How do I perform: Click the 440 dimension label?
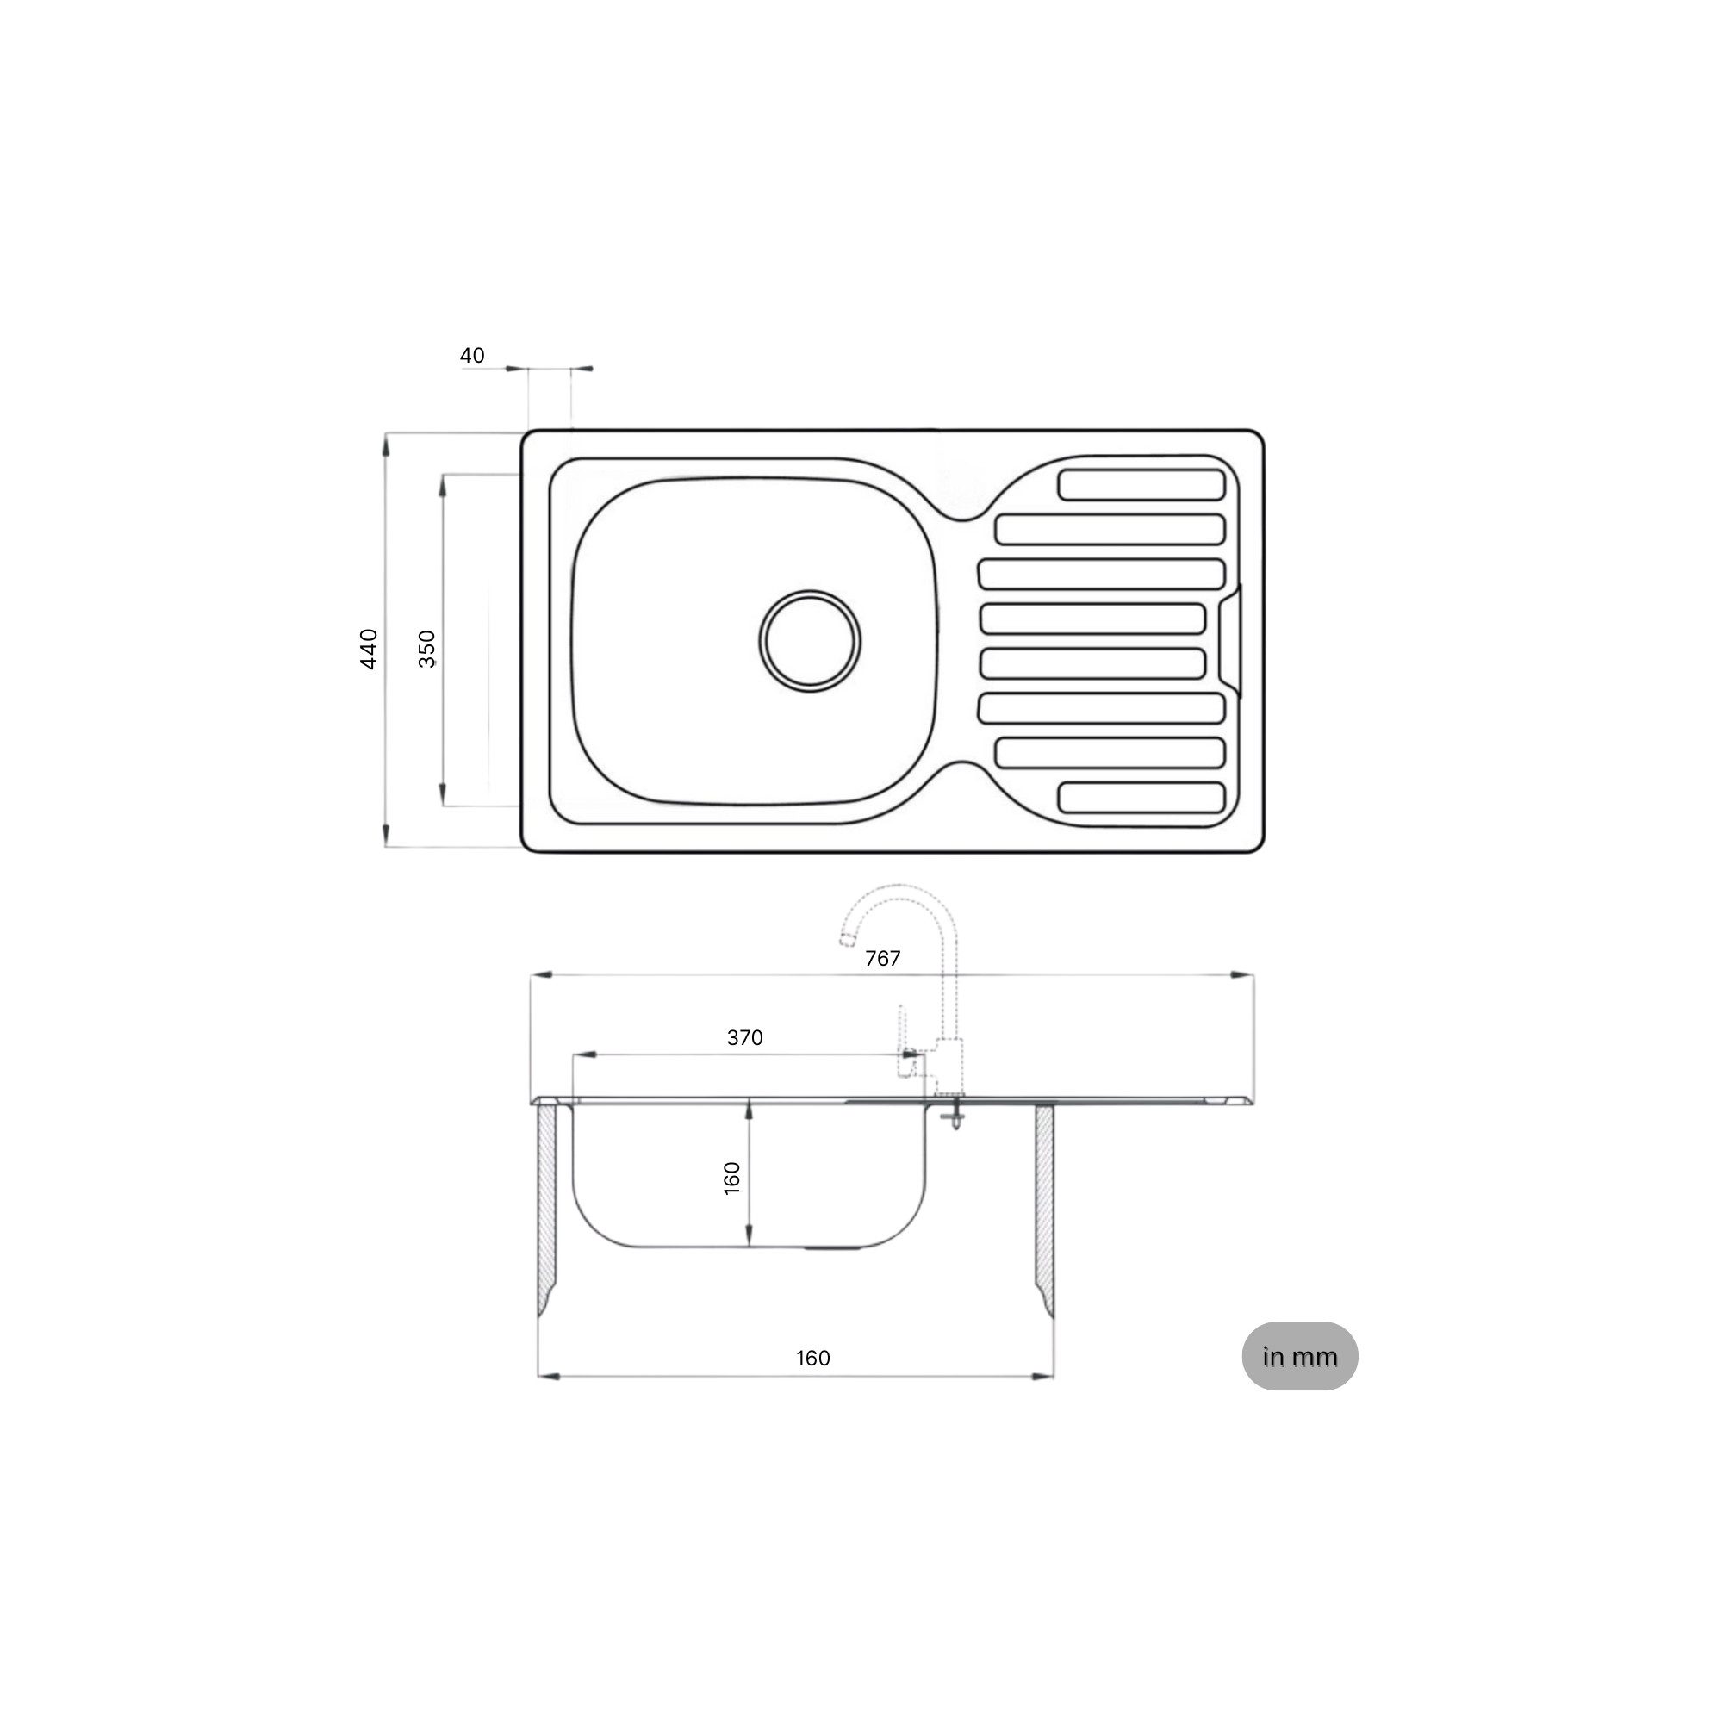click(369, 649)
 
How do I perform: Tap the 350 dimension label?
click(427, 649)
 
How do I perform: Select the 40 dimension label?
click(472, 356)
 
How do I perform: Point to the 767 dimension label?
click(882, 959)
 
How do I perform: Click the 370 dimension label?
click(744, 1038)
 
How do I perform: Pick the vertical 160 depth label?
click(731, 1178)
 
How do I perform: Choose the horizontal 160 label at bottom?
click(812, 1359)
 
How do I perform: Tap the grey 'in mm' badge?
click(1299, 1357)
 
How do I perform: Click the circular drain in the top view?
click(810, 639)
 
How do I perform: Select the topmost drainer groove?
click(1141, 485)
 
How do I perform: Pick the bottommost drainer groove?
click(1141, 797)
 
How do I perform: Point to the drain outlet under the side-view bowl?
click(834, 1249)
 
